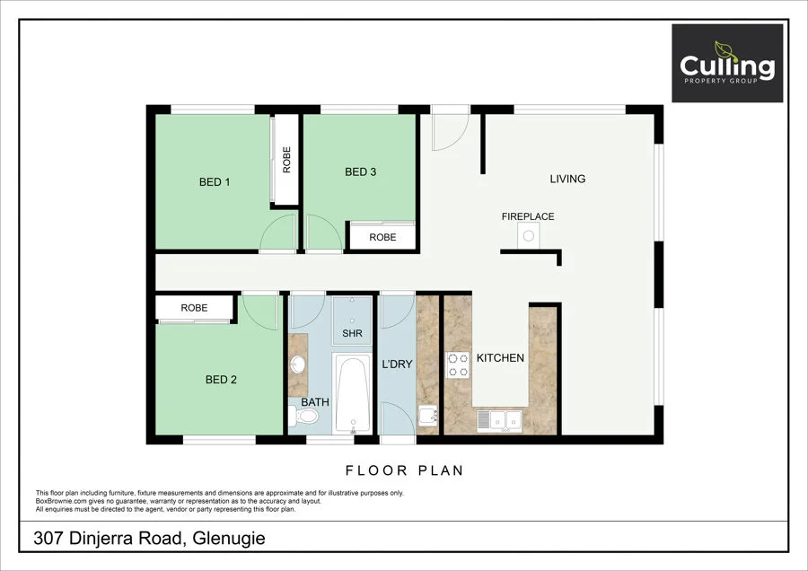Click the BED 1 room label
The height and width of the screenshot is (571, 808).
[x=215, y=182]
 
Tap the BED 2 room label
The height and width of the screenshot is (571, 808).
[x=221, y=380]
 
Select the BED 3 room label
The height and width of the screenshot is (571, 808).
[x=360, y=172]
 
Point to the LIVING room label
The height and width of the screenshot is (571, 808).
[x=567, y=179]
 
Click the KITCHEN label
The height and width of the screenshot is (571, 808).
[x=500, y=358]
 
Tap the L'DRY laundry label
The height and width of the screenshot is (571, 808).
[x=397, y=365]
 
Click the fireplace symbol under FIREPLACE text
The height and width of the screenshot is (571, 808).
[x=529, y=236]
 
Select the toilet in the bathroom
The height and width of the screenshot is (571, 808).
[x=298, y=415]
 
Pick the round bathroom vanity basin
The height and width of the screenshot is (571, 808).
[x=297, y=365]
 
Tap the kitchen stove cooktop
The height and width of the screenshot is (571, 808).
[x=458, y=365]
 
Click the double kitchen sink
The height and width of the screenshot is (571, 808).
[x=501, y=418]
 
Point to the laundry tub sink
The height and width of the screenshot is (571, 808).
[x=428, y=417]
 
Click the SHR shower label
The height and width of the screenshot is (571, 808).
[x=351, y=333]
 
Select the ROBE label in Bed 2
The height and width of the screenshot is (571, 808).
[x=194, y=308]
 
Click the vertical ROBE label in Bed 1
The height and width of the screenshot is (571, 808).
[x=286, y=160]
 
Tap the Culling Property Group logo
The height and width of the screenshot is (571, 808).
[x=726, y=64]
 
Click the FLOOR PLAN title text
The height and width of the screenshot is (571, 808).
[x=404, y=470]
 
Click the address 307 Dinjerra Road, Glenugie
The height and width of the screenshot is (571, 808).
[x=149, y=539]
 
